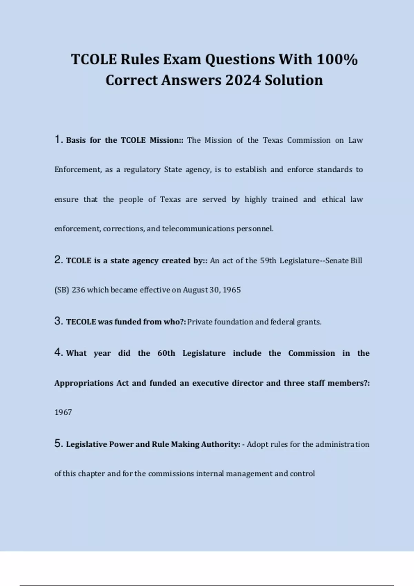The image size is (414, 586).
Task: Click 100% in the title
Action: [337, 59]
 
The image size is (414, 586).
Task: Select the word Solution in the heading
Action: [294, 80]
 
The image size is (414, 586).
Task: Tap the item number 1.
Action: [58, 139]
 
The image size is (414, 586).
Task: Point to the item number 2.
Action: [58, 260]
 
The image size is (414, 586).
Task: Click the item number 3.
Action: [58, 321]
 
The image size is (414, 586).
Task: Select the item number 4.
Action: [58, 352]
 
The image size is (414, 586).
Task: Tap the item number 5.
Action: [58, 443]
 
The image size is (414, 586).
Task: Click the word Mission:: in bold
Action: [166, 140]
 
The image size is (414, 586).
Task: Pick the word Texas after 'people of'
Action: [170, 200]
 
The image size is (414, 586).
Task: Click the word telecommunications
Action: [198, 229]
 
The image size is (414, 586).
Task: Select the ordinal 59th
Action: [268, 261]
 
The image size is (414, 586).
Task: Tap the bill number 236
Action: [78, 290]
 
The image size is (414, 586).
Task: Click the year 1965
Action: [231, 290]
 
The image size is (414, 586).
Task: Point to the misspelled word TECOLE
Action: [81, 322]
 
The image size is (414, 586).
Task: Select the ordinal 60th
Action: [166, 353]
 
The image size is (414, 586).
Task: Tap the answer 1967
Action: [63, 412]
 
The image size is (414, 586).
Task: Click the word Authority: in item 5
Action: [220, 444]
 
